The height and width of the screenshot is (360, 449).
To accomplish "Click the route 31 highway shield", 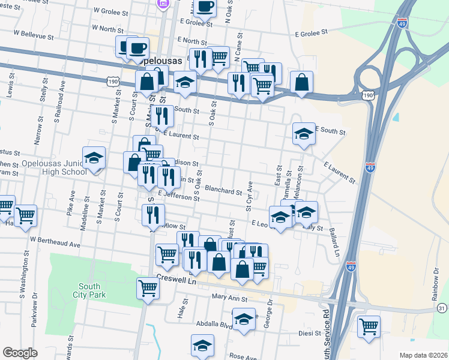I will [x=442, y=308].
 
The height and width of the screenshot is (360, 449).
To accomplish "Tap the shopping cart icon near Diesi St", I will [x=369, y=327].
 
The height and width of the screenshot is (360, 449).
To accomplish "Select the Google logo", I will [x=20, y=353].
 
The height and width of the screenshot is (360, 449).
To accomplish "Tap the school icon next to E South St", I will [x=304, y=134].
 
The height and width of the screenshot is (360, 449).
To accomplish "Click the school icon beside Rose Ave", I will [x=203, y=346].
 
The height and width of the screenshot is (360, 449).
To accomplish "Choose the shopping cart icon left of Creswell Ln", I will [x=148, y=289].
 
